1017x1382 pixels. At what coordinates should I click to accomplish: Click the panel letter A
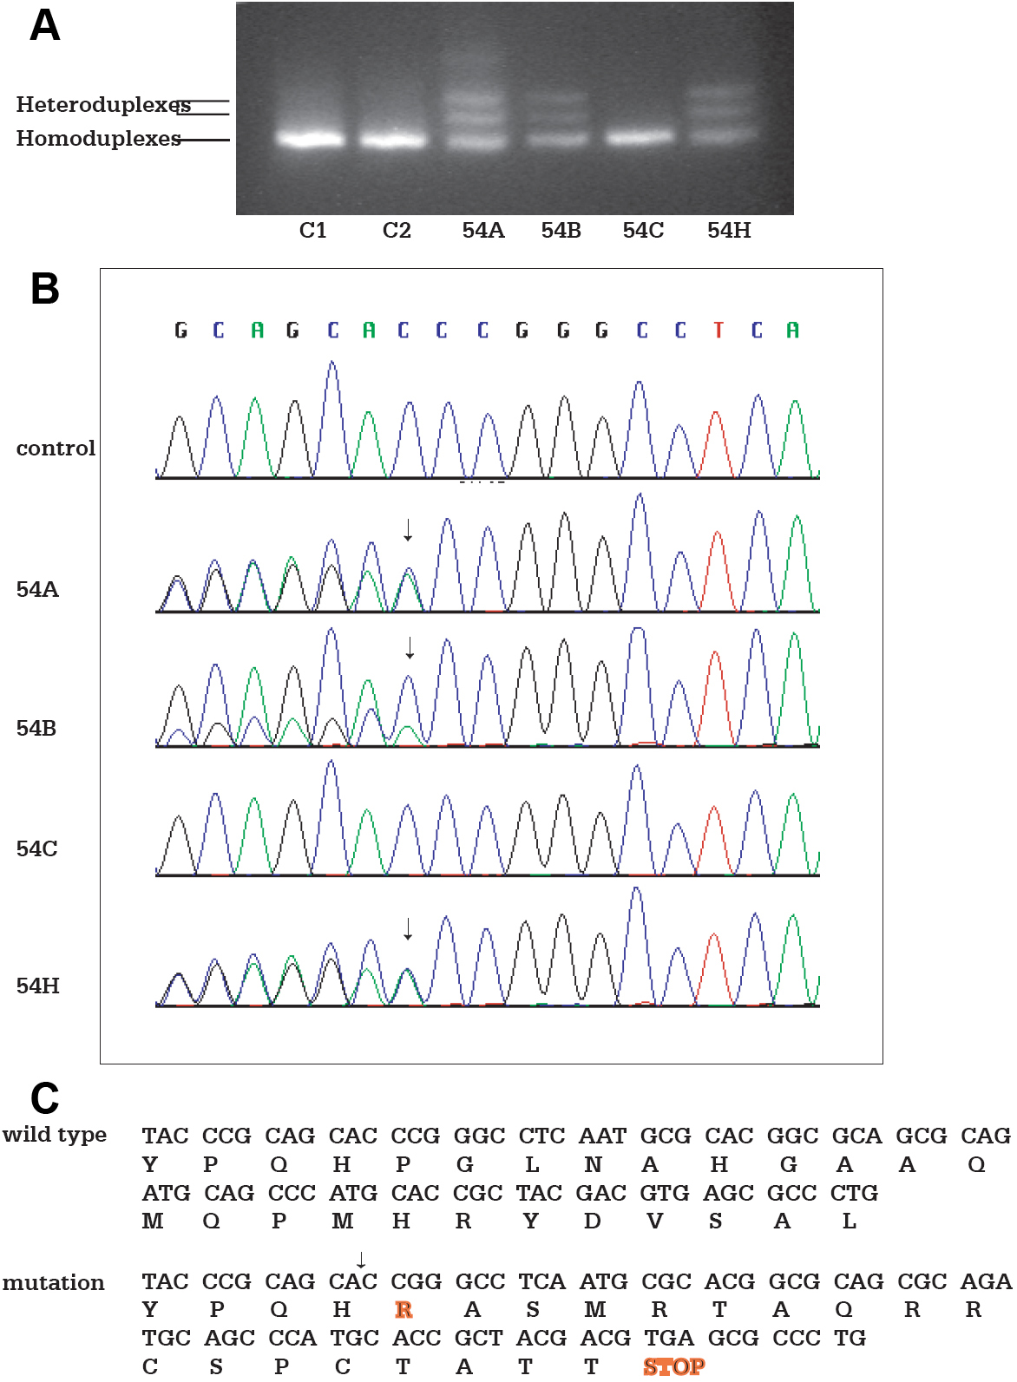click(x=45, y=25)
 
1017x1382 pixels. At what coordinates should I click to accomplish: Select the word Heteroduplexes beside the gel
click(x=102, y=105)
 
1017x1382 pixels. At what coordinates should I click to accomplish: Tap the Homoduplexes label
click(x=98, y=139)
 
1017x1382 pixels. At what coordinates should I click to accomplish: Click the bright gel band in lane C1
click(x=309, y=139)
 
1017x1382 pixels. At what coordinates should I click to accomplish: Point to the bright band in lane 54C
click(x=640, y=137)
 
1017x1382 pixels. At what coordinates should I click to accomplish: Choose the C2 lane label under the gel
click(x=397, y=231)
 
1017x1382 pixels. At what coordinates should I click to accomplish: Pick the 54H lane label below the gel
click(x=729, y=231)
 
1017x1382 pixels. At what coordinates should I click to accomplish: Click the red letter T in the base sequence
click(x=718, y=331)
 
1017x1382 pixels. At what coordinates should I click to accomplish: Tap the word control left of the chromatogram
click(x=56, y=449)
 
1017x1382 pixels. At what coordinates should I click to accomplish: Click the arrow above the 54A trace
click(x=408, y=530)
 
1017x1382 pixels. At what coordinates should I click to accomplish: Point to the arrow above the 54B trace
click(x=410, y=647)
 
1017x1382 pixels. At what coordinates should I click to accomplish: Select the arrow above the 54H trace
click(x=408, y=929)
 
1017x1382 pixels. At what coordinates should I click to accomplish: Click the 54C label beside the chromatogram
click(x=36, y=848)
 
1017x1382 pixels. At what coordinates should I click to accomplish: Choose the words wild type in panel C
click(x=55, y=1135)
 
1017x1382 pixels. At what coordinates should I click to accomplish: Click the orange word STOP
click(x=674, y=1367)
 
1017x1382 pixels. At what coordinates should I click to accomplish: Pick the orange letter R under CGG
click(x=404, y=1310)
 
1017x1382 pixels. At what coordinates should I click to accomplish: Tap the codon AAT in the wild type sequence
click(x=602, y=1136)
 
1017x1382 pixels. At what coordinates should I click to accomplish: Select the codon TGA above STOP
click(x=669, y=1339)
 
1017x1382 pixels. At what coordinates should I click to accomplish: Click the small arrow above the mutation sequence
click(x=361, y=1261)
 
